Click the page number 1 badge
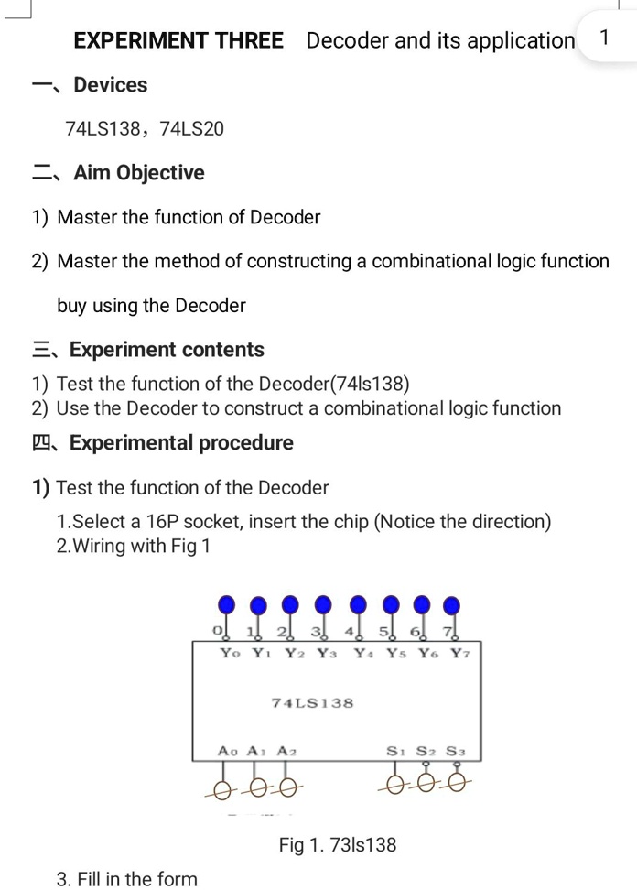point(603,38)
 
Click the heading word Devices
point(110,85)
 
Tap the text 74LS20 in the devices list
point(191,129)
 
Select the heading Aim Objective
point(139,173)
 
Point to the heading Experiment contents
point(167,350)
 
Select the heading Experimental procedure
point(181,443)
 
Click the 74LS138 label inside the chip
point(313,702)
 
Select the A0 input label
point(227,750)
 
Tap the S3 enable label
point(456,750)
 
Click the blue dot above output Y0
point(227,604)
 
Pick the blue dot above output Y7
point(451,604)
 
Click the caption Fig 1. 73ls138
point(338,844)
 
